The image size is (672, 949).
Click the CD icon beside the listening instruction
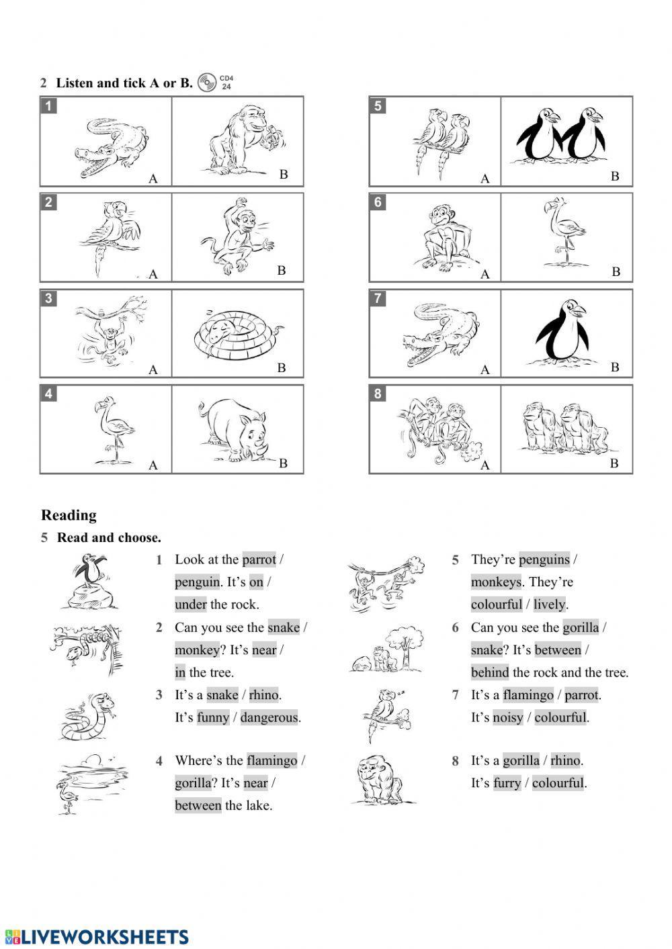(x=206, y=83)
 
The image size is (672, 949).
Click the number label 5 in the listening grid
(x=378, y=105)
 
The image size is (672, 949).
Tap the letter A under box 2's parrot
(x=153, y=274)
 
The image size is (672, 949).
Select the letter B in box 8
(x=614, y=463)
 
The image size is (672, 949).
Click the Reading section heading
(x=69, y=515)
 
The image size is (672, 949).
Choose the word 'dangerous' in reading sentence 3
(x=269, y=717)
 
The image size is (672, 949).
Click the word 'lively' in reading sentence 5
(x=548, y=604)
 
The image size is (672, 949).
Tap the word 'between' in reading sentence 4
(x=198, y=805)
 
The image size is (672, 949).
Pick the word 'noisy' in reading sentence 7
(x=507, y=717)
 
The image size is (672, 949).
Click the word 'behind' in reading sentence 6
(x=490, y=672)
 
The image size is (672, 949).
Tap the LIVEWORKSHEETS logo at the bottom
(x=97, y=937)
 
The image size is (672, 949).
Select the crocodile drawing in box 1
(x=111, y=146)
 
